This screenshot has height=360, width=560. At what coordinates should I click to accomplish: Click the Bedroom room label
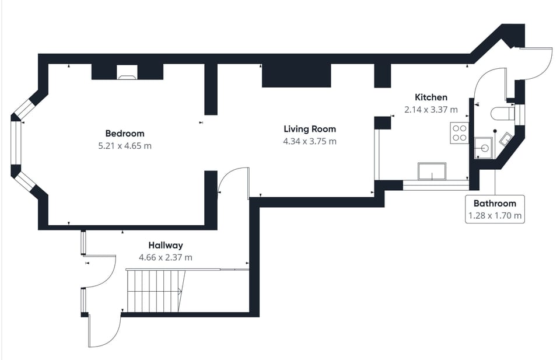click(x=125, y=133)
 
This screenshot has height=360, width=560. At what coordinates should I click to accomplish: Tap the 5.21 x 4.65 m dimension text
click(x=125, y=145)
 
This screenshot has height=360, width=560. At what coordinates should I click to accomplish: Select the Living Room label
click(x=310, y=129)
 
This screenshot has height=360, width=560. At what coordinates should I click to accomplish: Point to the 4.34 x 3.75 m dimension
click(x=310, y=141)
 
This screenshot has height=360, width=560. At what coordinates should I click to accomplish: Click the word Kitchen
click(x=431, y=97)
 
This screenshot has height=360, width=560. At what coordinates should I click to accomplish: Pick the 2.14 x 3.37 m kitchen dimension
click(x=431, y=109)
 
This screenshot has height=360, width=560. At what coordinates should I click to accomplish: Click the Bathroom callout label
click(x=495, y=204)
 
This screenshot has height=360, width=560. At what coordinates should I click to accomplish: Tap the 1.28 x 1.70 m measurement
click(x=495, y=216)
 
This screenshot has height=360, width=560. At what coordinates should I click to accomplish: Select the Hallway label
click(x=165, y=245)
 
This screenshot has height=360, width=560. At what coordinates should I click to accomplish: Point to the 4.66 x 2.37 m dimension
click(x=165, y=257)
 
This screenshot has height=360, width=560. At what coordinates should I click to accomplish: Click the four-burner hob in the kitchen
click(x=459, y=134)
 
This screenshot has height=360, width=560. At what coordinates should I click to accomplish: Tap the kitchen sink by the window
click(x=432, y=172)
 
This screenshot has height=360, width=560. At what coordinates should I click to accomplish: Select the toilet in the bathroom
click(x=503, y=113)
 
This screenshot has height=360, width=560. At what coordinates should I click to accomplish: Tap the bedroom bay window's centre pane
click(x=16, y=145)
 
